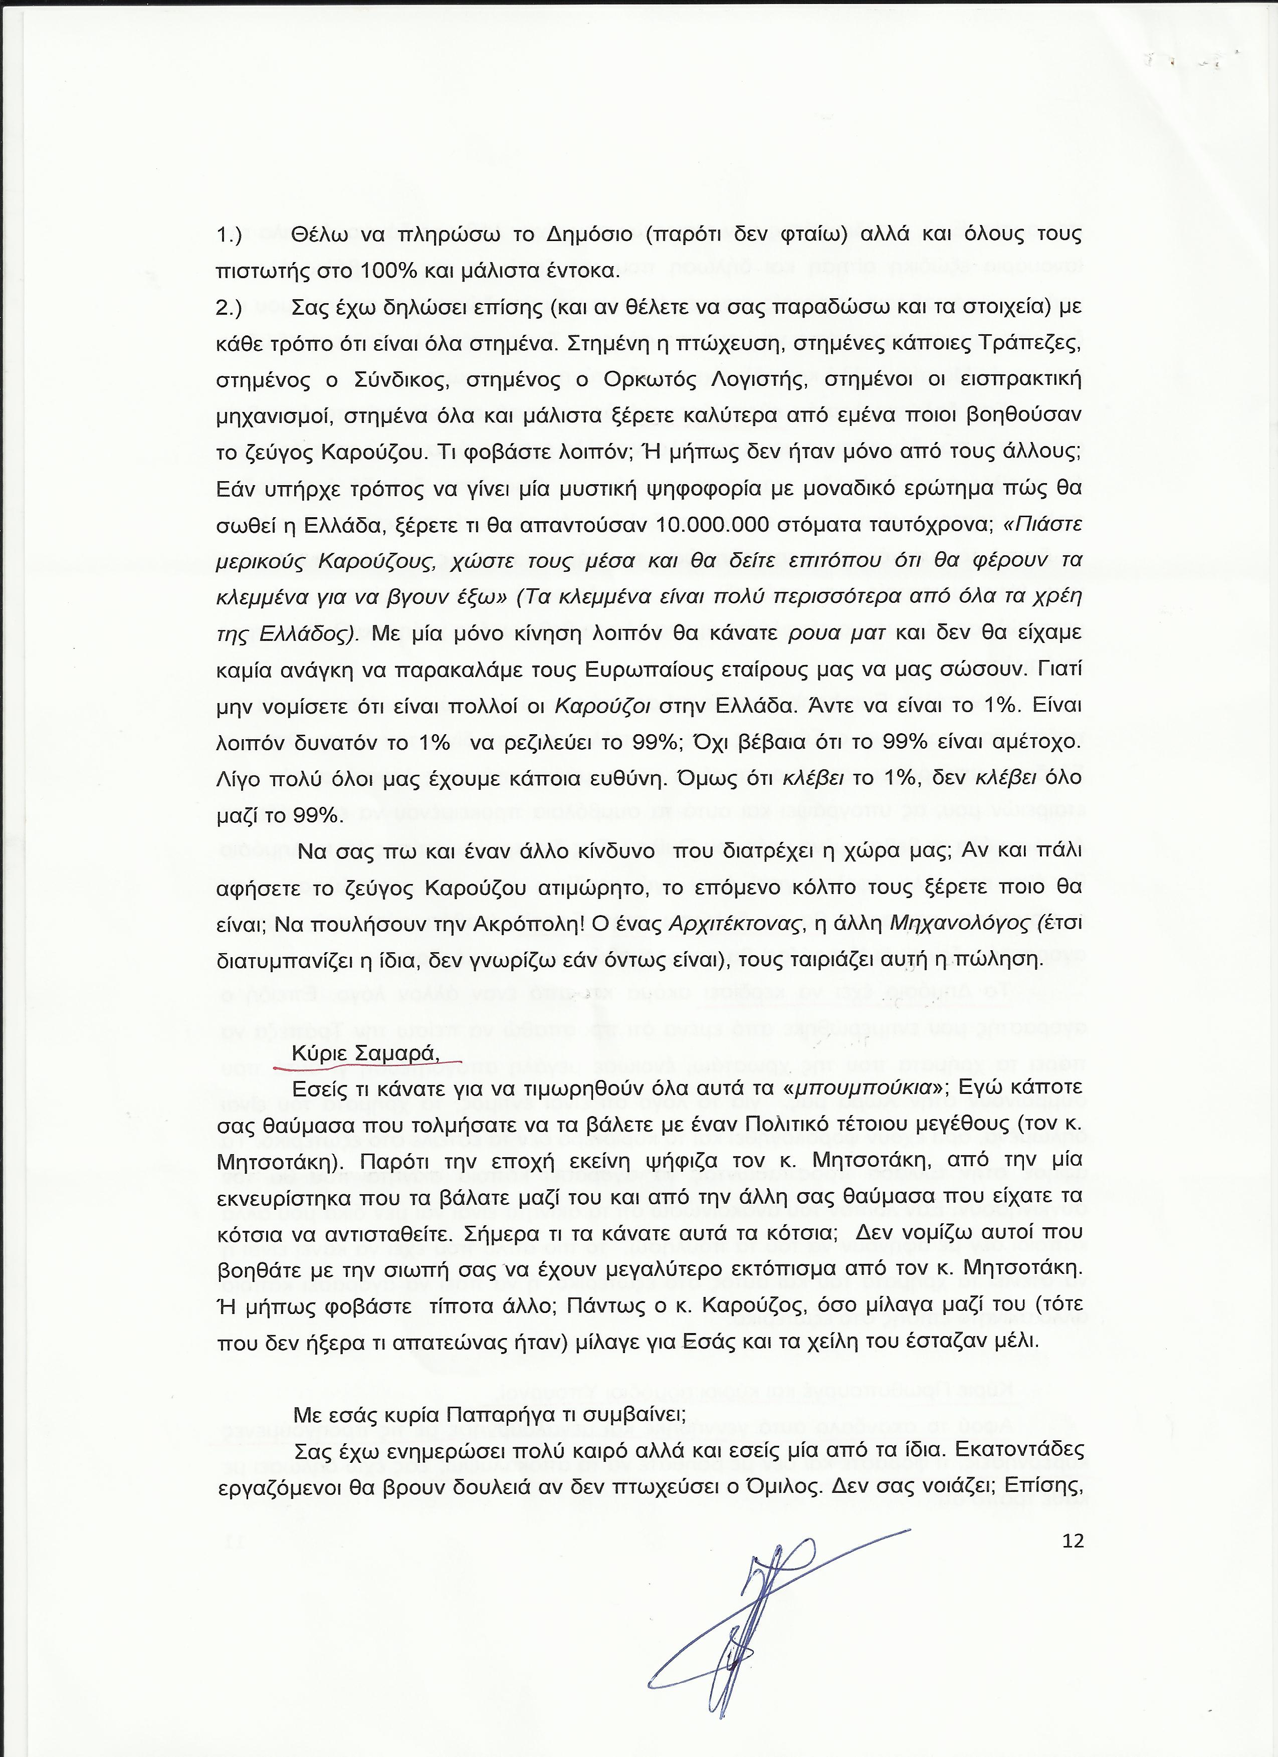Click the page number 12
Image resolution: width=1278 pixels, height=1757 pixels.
pos(1073,1519)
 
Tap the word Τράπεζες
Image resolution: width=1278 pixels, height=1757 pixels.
pos(1032,344)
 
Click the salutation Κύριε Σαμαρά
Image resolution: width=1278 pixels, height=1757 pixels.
pos(365,1053)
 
